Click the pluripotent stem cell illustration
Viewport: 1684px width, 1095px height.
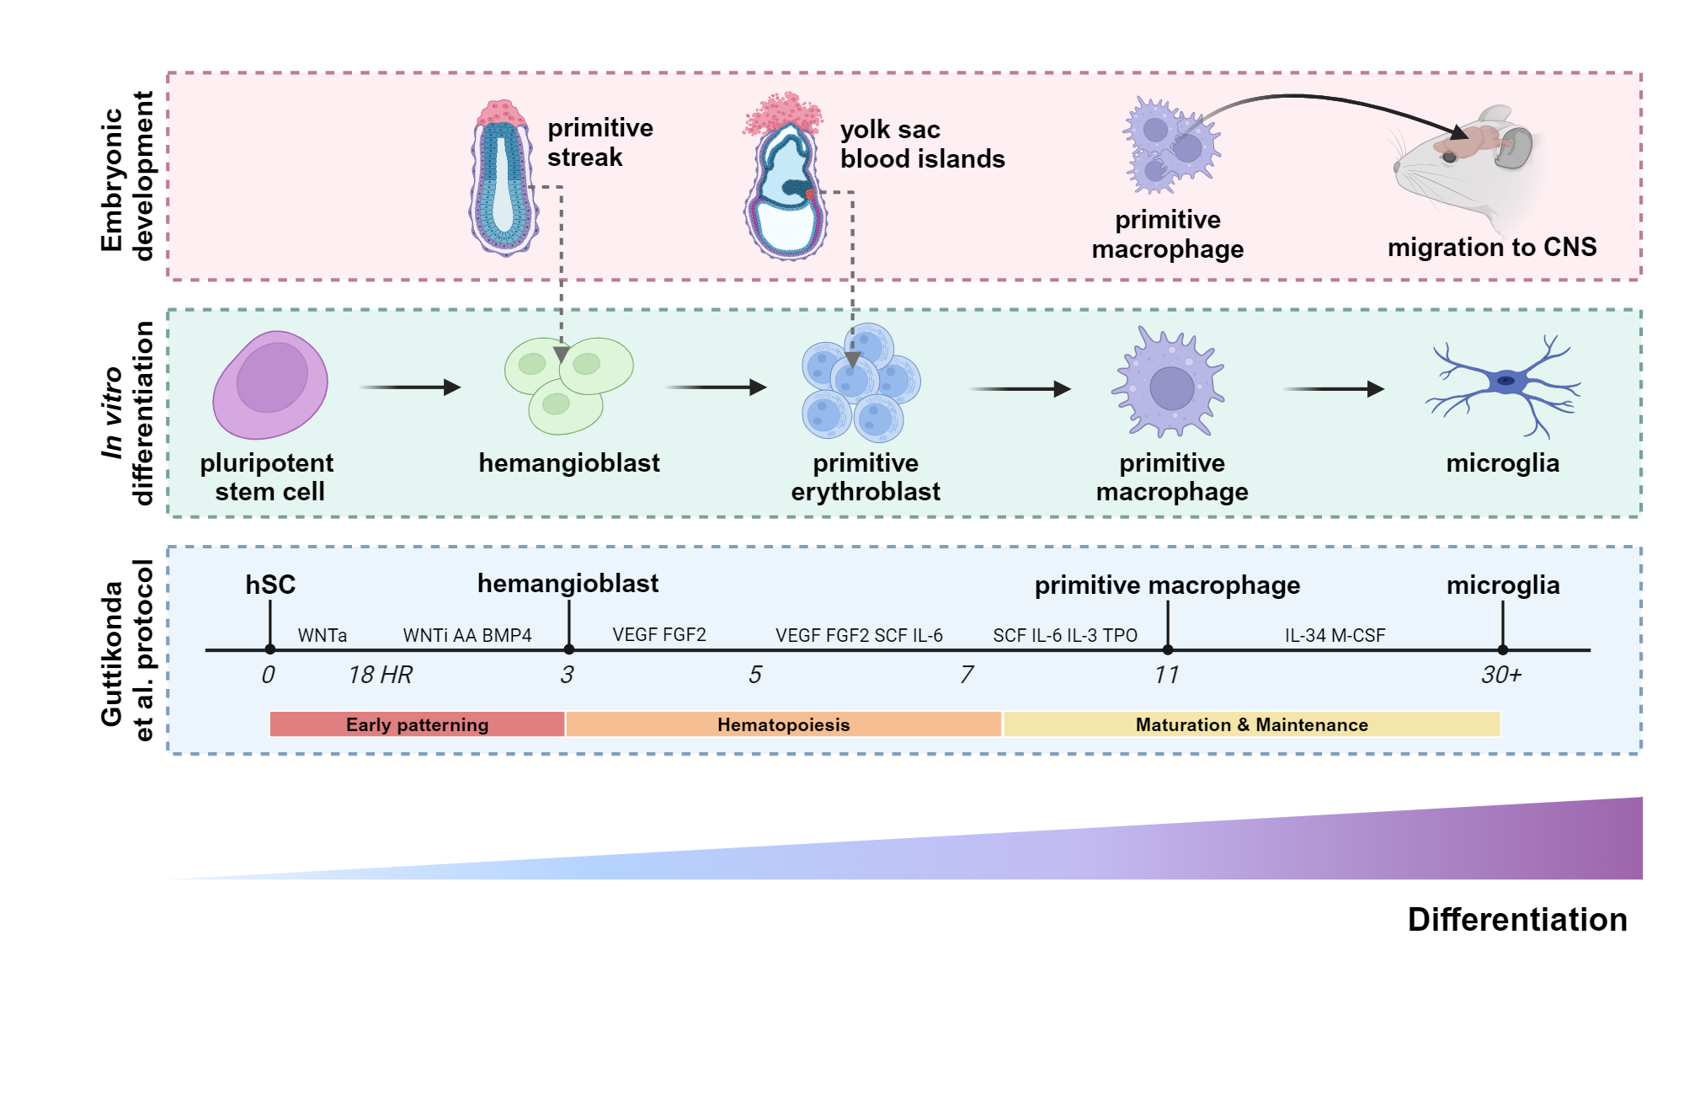tap(269, 385)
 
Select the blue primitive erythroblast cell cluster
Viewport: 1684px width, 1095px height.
tap(861, 383)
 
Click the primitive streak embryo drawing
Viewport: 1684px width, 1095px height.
tap(504, 179)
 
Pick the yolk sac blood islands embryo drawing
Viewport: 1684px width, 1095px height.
tap(785, 181)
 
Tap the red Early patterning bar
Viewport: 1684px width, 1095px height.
tap(417, 724)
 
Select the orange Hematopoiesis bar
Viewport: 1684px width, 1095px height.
tap(783, 724)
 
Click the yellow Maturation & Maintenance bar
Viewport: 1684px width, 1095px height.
tap(1251, 724)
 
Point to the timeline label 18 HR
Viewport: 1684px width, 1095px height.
tap(380, 675)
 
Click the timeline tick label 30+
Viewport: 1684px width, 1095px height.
tap(1500, 675)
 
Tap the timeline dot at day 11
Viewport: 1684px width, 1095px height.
tap(1168, 649)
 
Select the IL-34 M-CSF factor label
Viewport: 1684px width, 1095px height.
tap(1335, 635)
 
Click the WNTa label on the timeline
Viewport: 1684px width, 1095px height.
tap(322, 635)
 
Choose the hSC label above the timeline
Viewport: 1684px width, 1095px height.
tap(270, 585)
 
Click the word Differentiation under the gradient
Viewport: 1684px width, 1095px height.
tap(1516, 920)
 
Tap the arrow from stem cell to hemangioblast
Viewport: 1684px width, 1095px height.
tap(410, 387)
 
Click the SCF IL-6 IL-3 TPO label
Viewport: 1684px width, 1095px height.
tap(1064, 635)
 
